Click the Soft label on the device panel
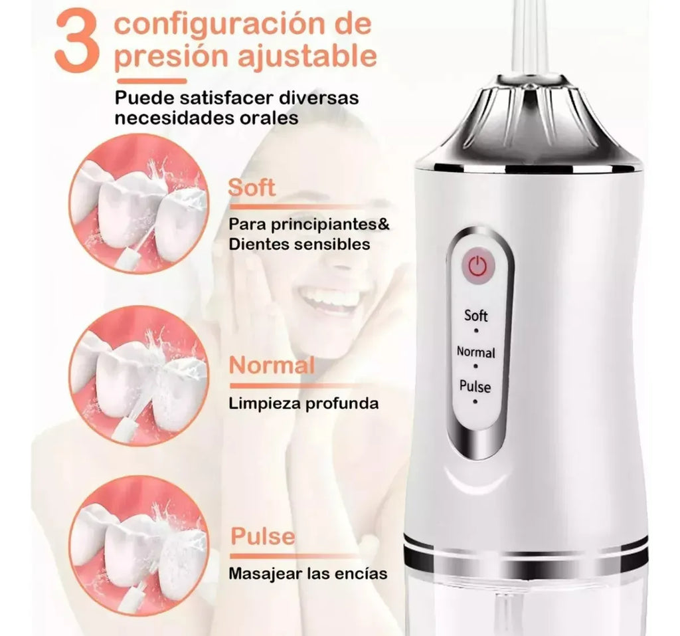tap(475, 315)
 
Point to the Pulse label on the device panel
tap(475, 385)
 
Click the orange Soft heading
tap(252, 187)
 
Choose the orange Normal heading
tap(271, 365)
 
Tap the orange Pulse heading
tap(262, 536)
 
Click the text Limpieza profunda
tap(303, 403)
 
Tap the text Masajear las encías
tap(307, 572)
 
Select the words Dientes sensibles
tap(299, 244)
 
